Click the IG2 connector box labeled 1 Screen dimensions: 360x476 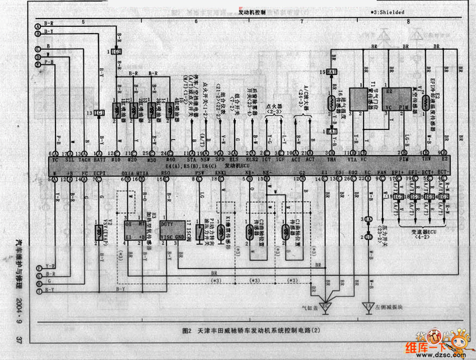pos(117,52)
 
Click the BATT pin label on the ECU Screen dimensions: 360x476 pos(101,160)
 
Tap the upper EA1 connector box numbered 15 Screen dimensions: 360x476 pos(332,72)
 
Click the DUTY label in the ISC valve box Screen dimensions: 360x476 pos(167,223)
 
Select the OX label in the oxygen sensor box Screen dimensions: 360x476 pos(128,223)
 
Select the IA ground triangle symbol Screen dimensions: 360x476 pos(368,306)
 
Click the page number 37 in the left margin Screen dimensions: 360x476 pos(18,340)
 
